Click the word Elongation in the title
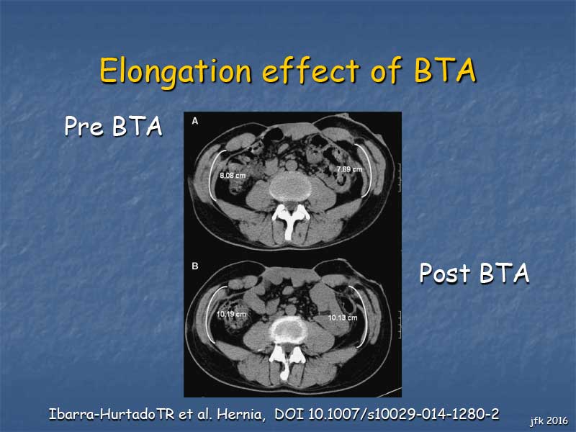(x=176, y=71)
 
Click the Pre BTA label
(x=113, y=126)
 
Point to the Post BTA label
(x=474, y=273)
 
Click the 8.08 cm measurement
(x=233, y=176)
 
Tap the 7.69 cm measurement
(x=349, y=169)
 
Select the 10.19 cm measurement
(x=231, y=315)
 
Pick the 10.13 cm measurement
(x=343, y=318)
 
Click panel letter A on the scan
(x=195, y=121)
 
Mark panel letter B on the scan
(x=195, y=266)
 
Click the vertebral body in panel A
(x=290, y=186)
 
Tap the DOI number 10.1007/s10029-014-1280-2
(x=403, y=415)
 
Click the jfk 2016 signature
(x=549, y=421)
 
